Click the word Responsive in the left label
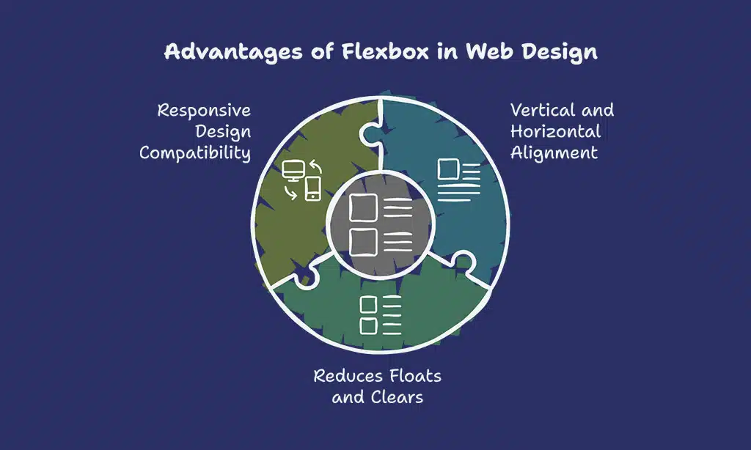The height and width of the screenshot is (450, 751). point(204,111)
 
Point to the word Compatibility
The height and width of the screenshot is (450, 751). point(195,153)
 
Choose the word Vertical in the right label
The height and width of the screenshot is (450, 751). point(541,111)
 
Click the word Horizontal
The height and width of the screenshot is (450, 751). point(555,132)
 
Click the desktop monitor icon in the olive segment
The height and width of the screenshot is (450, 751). point(293,170)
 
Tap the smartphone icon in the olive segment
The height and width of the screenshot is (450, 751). point(313,189)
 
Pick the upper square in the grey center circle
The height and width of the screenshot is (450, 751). point(363,208)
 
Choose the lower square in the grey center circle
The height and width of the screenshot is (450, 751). point(363,240)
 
